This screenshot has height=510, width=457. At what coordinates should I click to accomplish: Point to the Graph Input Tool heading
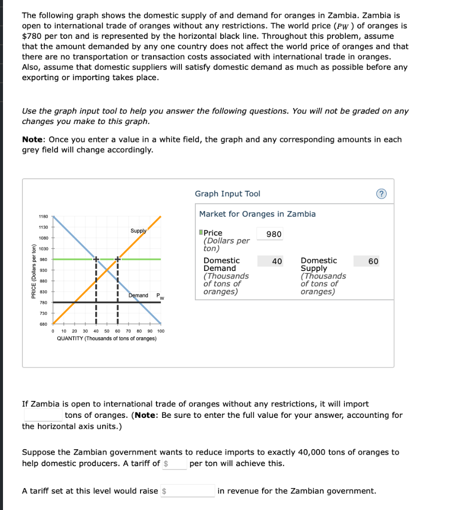227,194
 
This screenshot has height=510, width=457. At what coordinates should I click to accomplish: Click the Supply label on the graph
138,231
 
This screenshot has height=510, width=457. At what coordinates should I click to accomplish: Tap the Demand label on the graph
138,295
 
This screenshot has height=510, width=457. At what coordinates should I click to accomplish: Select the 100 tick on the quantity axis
160,331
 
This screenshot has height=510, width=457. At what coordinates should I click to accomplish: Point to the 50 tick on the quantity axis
107,331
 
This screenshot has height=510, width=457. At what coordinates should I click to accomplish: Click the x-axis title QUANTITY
107,339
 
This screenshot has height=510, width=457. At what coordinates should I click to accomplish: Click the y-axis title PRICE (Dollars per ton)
33,272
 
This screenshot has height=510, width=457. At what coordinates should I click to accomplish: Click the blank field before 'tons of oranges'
42,415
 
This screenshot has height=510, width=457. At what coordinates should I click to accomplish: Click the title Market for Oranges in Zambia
257,214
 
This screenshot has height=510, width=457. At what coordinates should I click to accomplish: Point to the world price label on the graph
159,297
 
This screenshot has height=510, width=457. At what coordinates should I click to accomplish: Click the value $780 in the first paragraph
32,36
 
